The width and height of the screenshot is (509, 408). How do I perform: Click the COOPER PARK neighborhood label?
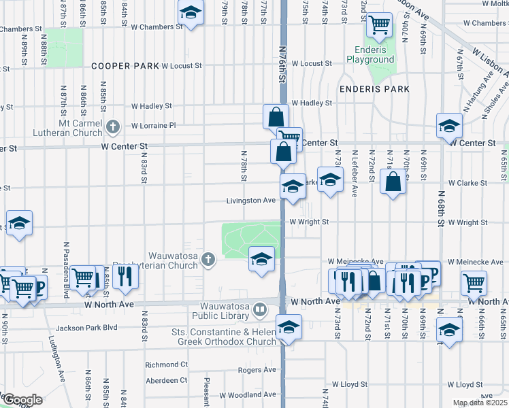click(125, 66)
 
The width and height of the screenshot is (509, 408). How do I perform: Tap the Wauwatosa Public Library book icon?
click(259, 311)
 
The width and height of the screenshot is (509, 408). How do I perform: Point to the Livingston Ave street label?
click(251, 201)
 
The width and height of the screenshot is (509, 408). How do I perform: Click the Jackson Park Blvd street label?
click(87, 328)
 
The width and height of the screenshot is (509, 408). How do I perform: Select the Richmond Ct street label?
click(166, 364)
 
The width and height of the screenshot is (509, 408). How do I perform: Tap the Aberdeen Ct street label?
click(166, 380)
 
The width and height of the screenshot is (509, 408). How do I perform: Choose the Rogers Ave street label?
click(257, 370)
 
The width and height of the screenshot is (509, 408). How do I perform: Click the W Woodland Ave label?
click(247, 395)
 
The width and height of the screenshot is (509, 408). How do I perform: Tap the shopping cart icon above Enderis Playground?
click(378, 25)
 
